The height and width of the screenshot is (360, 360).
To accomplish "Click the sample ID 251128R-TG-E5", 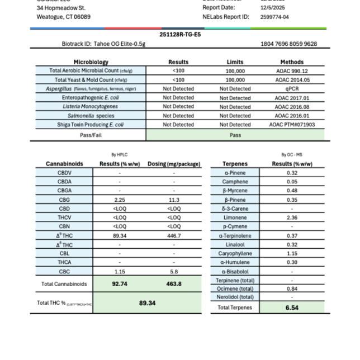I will coord(180,34).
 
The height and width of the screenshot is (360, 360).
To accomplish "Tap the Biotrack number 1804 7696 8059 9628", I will coord(288,44).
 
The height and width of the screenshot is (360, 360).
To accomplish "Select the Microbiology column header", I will coord(91,62).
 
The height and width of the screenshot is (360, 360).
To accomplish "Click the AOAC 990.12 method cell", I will coord(292,71).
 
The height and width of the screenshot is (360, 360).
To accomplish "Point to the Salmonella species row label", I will coord(91,116).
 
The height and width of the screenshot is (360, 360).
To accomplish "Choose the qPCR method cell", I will coord(292,89).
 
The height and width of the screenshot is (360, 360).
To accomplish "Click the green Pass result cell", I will coord(235,135).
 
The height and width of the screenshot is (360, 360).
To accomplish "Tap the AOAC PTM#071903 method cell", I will coord(292,125).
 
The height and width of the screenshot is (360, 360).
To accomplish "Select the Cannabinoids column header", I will coord(64,164).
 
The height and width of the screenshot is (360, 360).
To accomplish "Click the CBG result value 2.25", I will coord(119,200).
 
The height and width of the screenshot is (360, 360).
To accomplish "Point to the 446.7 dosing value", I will coord(174,235).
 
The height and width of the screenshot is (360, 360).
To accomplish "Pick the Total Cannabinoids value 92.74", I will coord(119,284).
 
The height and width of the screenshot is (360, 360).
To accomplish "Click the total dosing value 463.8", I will coord(174,284).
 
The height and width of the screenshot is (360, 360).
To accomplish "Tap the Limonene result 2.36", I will coord(292,217).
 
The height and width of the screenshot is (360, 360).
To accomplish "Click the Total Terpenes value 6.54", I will coord(292,307).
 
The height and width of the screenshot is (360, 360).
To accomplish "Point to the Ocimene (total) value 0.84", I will coord(292,288).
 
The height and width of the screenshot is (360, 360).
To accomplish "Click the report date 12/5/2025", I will coord(274,8).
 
